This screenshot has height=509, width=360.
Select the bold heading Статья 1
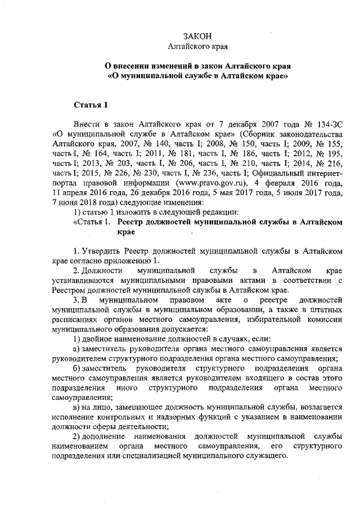click(x=91, y=105)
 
